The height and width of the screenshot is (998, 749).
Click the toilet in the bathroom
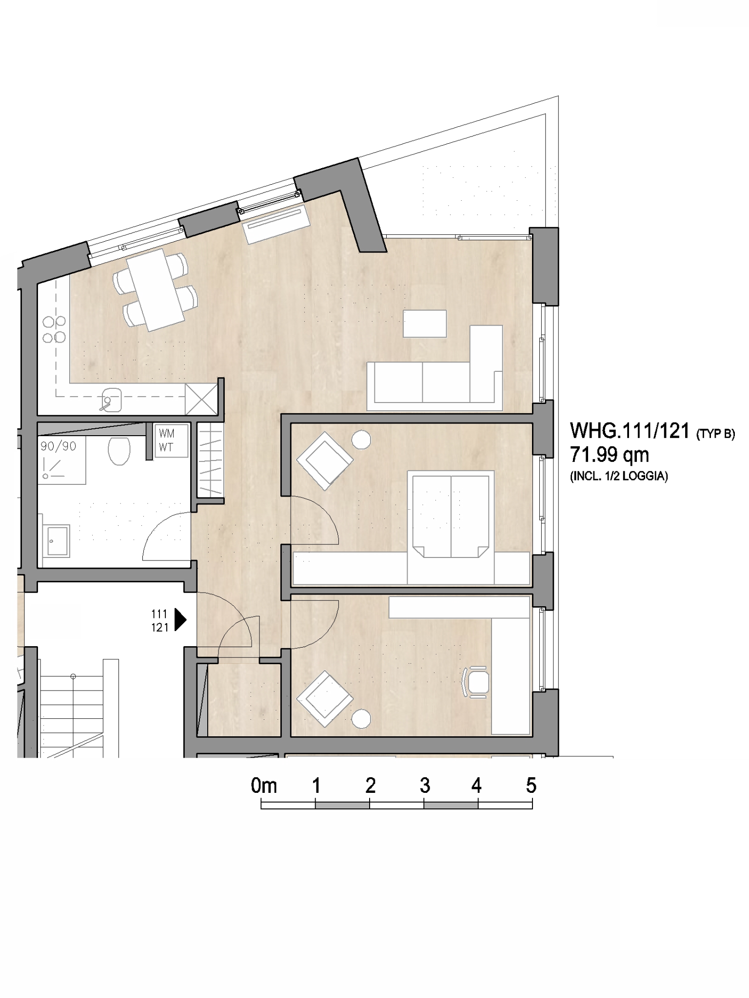coord(119,451)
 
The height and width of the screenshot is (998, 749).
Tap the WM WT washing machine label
coord(166,441)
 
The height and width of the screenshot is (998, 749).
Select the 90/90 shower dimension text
coord(59,446)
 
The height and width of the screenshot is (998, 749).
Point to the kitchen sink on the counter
coord(111,400)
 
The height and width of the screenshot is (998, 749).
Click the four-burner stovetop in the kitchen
coord(54,329)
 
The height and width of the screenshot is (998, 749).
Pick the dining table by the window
coord(156,289)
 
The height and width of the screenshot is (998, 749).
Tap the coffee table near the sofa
coord(425,324)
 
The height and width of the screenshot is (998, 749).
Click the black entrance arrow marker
coord(180,620)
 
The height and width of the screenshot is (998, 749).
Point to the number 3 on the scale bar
coord(425,786)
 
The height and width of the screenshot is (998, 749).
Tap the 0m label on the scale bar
coord(264,786)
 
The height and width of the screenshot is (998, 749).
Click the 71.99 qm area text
coord(610,455)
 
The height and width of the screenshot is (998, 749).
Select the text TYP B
coord(715,434)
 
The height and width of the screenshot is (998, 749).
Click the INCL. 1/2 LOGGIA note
coord(619,477)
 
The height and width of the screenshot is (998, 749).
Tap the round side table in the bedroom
coord(361,440)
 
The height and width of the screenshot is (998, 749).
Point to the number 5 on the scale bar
coord(531,786)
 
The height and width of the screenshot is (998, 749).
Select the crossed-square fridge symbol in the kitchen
coord(201,400)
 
